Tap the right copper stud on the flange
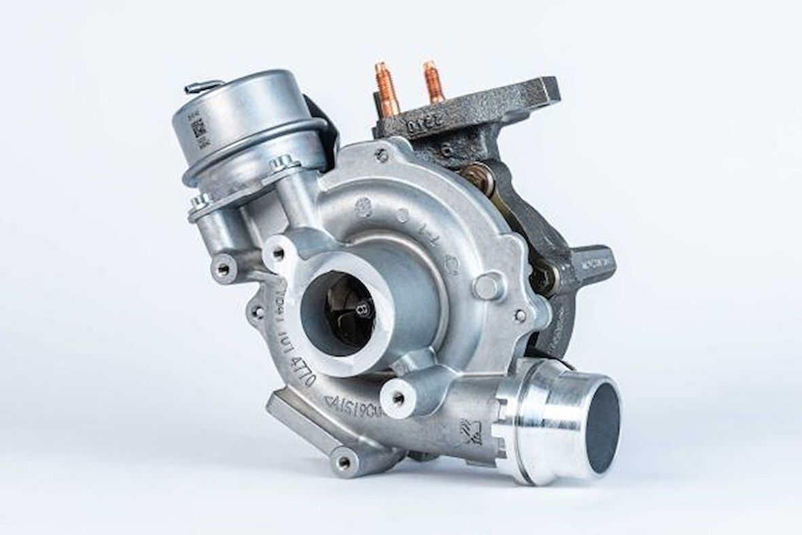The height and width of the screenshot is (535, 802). point(433,83)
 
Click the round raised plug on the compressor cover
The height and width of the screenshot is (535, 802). point(488,286)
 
